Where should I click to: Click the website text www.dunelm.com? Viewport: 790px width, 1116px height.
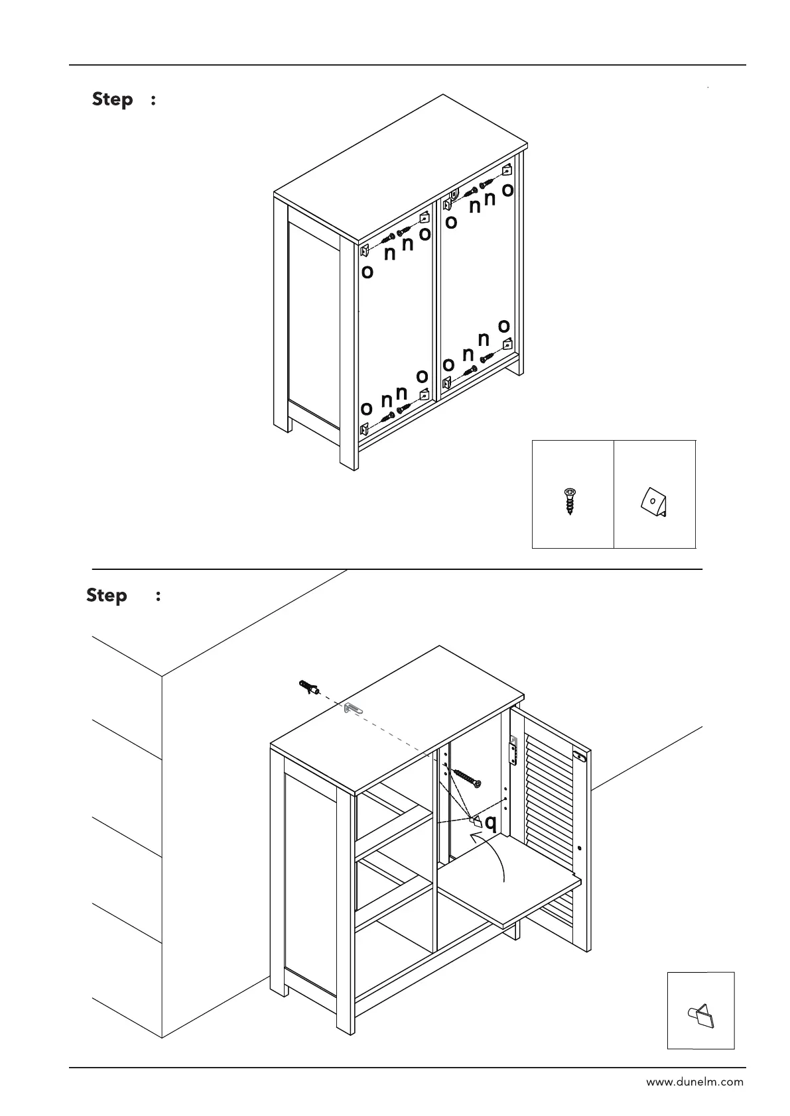pos(694,1082)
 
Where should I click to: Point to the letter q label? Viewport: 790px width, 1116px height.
pos(490,823)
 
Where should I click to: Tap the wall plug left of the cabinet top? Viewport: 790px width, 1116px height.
pos(308,687)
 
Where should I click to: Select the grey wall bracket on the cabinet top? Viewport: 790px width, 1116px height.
pos(353,708)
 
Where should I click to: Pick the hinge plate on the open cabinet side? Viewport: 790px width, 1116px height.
pos(512,751)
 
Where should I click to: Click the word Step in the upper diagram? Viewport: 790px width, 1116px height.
pos(113,99)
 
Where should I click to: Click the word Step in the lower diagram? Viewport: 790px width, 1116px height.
pos(107,595)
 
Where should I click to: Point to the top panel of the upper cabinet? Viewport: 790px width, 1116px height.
pos(401,166)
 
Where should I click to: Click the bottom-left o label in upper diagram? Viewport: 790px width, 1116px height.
pos(366,408)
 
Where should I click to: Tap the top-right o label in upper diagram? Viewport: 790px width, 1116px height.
pos(507,190)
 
